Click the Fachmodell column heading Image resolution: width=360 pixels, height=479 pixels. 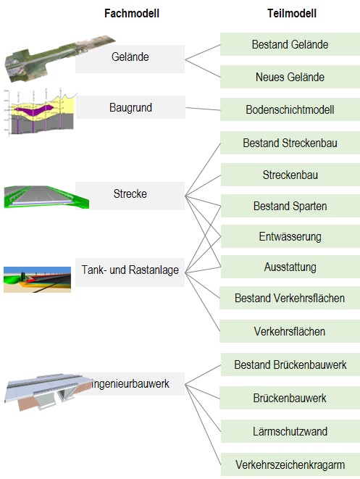pos(132,14)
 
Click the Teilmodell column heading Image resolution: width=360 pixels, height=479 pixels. pos(292,14)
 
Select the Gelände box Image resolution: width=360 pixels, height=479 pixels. pos(130,59)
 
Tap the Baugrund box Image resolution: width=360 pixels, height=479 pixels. pos(130,107)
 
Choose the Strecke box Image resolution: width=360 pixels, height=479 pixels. pos(130,196)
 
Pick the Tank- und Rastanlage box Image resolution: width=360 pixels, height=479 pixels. pos(130,272)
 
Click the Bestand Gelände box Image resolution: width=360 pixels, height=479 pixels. pos(290,44)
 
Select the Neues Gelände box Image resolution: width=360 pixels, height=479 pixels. pos(290,77)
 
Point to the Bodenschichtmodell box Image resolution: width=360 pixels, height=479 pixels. pos(290,109)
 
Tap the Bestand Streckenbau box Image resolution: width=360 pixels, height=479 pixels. pos(290,143)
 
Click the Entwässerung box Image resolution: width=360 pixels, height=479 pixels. pos(290,236)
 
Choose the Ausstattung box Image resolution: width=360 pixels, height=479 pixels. pos(290,267)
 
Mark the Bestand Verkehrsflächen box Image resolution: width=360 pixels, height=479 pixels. pos(290,298)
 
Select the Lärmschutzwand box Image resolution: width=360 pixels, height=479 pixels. pos(290,431)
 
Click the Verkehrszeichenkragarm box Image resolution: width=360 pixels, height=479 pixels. pos(290,465)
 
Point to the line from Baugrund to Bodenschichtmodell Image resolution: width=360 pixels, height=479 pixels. pos(203,109)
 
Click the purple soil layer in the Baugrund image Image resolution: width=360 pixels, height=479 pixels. pos(34,110)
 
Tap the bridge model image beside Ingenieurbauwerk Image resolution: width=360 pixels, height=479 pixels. pos(47,391)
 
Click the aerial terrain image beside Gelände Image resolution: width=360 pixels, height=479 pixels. pos(58,58)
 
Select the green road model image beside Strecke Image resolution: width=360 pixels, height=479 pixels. pos(46,197)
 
